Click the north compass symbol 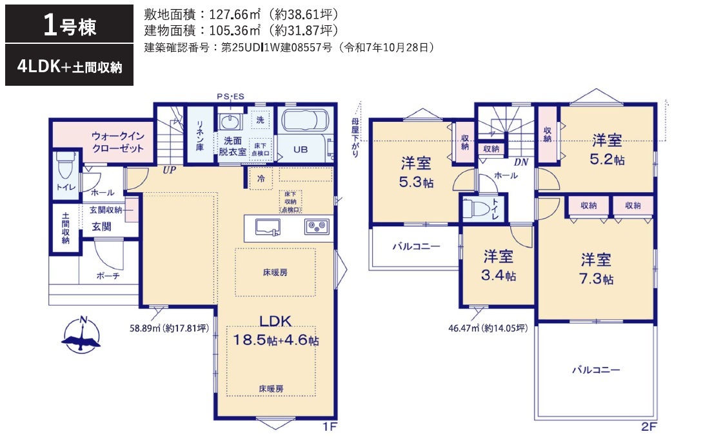[81, 335]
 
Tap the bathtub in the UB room [305, 121]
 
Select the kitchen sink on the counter [268, 227]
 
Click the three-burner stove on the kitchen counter [317, 226]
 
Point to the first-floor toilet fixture [65, 165]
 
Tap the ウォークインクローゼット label [117, 142]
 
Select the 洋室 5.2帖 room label [608, 150]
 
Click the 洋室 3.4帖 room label [499, 266]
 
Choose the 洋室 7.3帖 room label [596, 269]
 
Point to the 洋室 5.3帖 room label [416, 172]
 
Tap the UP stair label [169, 170]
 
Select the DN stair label [521, 162]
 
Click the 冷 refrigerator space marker [261, 179]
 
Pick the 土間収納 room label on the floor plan [66, 228]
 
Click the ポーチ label [108, 275]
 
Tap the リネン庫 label [200, 135]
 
